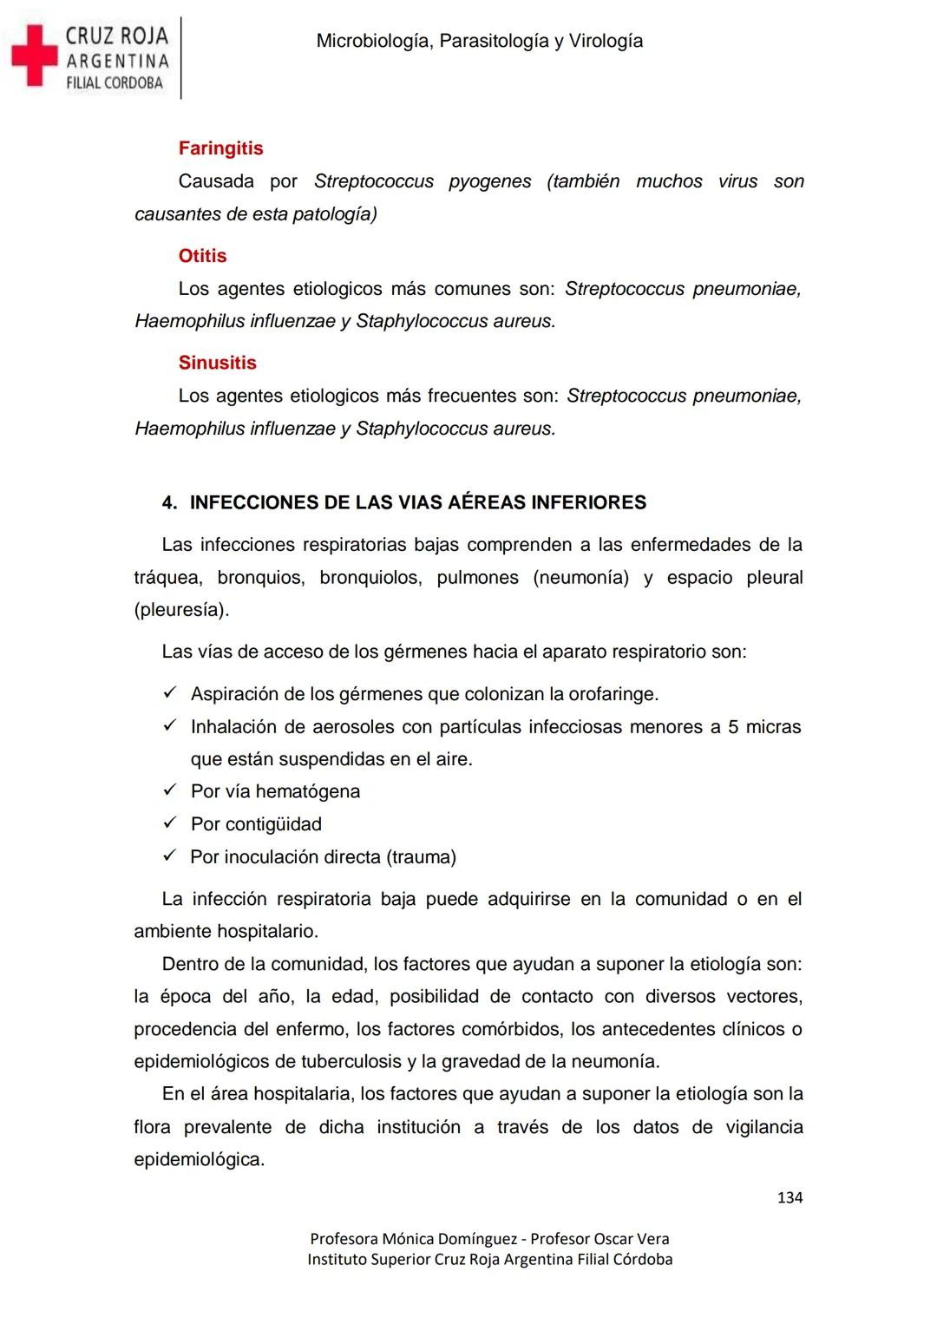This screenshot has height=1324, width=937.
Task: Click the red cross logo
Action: coord(33,56)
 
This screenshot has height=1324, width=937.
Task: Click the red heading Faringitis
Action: coord(220,148)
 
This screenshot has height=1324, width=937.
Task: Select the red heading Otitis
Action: coord(202,256)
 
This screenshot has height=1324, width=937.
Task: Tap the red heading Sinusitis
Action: coord(217,363)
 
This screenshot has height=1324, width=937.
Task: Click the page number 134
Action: coord(790,1198)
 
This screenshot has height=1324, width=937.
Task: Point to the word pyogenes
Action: coord(489,181)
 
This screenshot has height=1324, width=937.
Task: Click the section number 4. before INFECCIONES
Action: coord(169,503)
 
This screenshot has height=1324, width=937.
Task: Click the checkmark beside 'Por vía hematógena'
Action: coord(170,790)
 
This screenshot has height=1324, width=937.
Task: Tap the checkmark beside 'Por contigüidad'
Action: coord(170,823)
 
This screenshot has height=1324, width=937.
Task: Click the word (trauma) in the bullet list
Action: coord(422,857)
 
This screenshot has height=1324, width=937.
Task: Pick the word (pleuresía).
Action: coord(181,610)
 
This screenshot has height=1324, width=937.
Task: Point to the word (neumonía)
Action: coord(580,578)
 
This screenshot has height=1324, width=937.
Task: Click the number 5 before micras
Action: coord(733,727)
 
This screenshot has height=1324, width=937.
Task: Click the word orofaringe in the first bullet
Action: coord(613,694)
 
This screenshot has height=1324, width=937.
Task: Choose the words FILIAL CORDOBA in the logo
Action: coord(115,83)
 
